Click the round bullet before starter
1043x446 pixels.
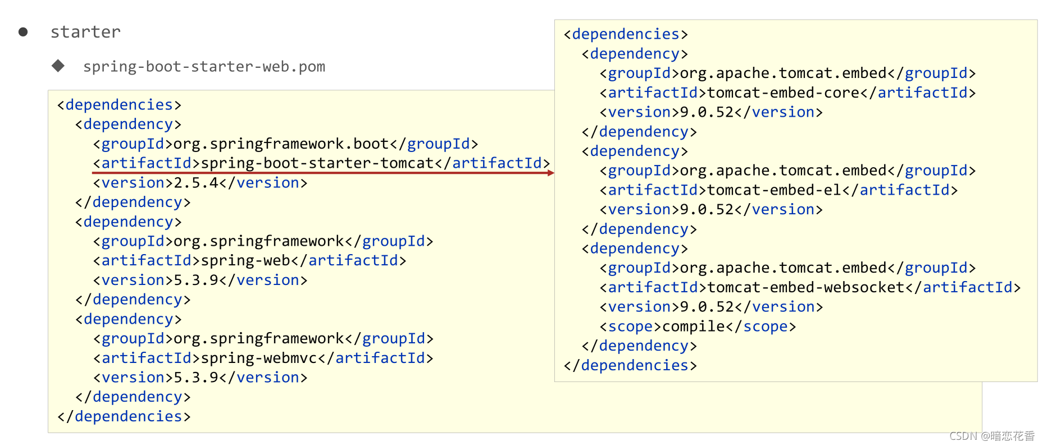tap(23, 32)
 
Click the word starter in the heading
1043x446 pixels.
tap(85, 32)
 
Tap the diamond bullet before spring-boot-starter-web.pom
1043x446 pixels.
tap(58, 66)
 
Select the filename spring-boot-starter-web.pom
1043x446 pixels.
tap(204, 67)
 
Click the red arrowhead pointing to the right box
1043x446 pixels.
tap(551, 173)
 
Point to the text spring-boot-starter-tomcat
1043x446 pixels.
tap(317, 163)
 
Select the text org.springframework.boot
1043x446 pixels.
tap(281, 144)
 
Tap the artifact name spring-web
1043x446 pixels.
tap(245, 261)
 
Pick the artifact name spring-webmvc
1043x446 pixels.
tap(259, 358)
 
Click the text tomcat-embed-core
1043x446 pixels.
tap(784, 93)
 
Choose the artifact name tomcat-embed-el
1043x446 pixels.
tap(775, 190)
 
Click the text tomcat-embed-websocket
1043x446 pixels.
tap(806, 288)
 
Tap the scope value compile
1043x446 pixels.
tap(694, 327)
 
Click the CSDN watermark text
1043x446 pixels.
tap(992, 436)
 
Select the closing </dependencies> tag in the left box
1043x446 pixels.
tap(124, 416)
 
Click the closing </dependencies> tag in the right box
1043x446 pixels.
tap(630, 365)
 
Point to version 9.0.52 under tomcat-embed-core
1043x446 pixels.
tap(707, 112)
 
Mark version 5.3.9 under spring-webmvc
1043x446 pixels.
tap(196, 378)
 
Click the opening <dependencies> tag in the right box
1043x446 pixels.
tap(626, 34)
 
